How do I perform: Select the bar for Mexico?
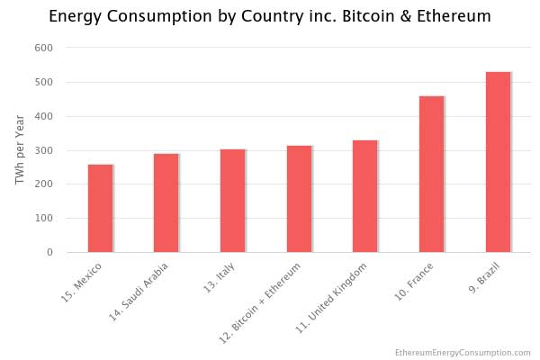click(100, 209)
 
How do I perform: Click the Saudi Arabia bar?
click(166, 202)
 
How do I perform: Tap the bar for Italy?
click(233, 201)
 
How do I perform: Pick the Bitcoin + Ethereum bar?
click(300, 199)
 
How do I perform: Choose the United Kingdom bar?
click(365, 196)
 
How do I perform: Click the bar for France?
click(431, 175)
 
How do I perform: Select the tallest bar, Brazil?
click(498, 162)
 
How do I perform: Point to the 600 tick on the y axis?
click(44, 48)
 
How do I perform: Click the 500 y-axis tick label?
click(44, 82)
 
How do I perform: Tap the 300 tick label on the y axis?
click(44, 150)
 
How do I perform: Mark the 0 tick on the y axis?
click(49, 252)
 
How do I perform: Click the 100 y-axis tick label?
click(44, 218)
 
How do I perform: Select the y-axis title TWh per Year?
click(20, 150)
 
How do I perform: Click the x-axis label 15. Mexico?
click(81, 283)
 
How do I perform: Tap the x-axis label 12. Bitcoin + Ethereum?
click(260, 303)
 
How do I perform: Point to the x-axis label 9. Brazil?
click(484, 278)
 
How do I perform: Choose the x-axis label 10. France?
click(413, 282)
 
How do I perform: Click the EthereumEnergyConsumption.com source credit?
click(463, 353)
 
